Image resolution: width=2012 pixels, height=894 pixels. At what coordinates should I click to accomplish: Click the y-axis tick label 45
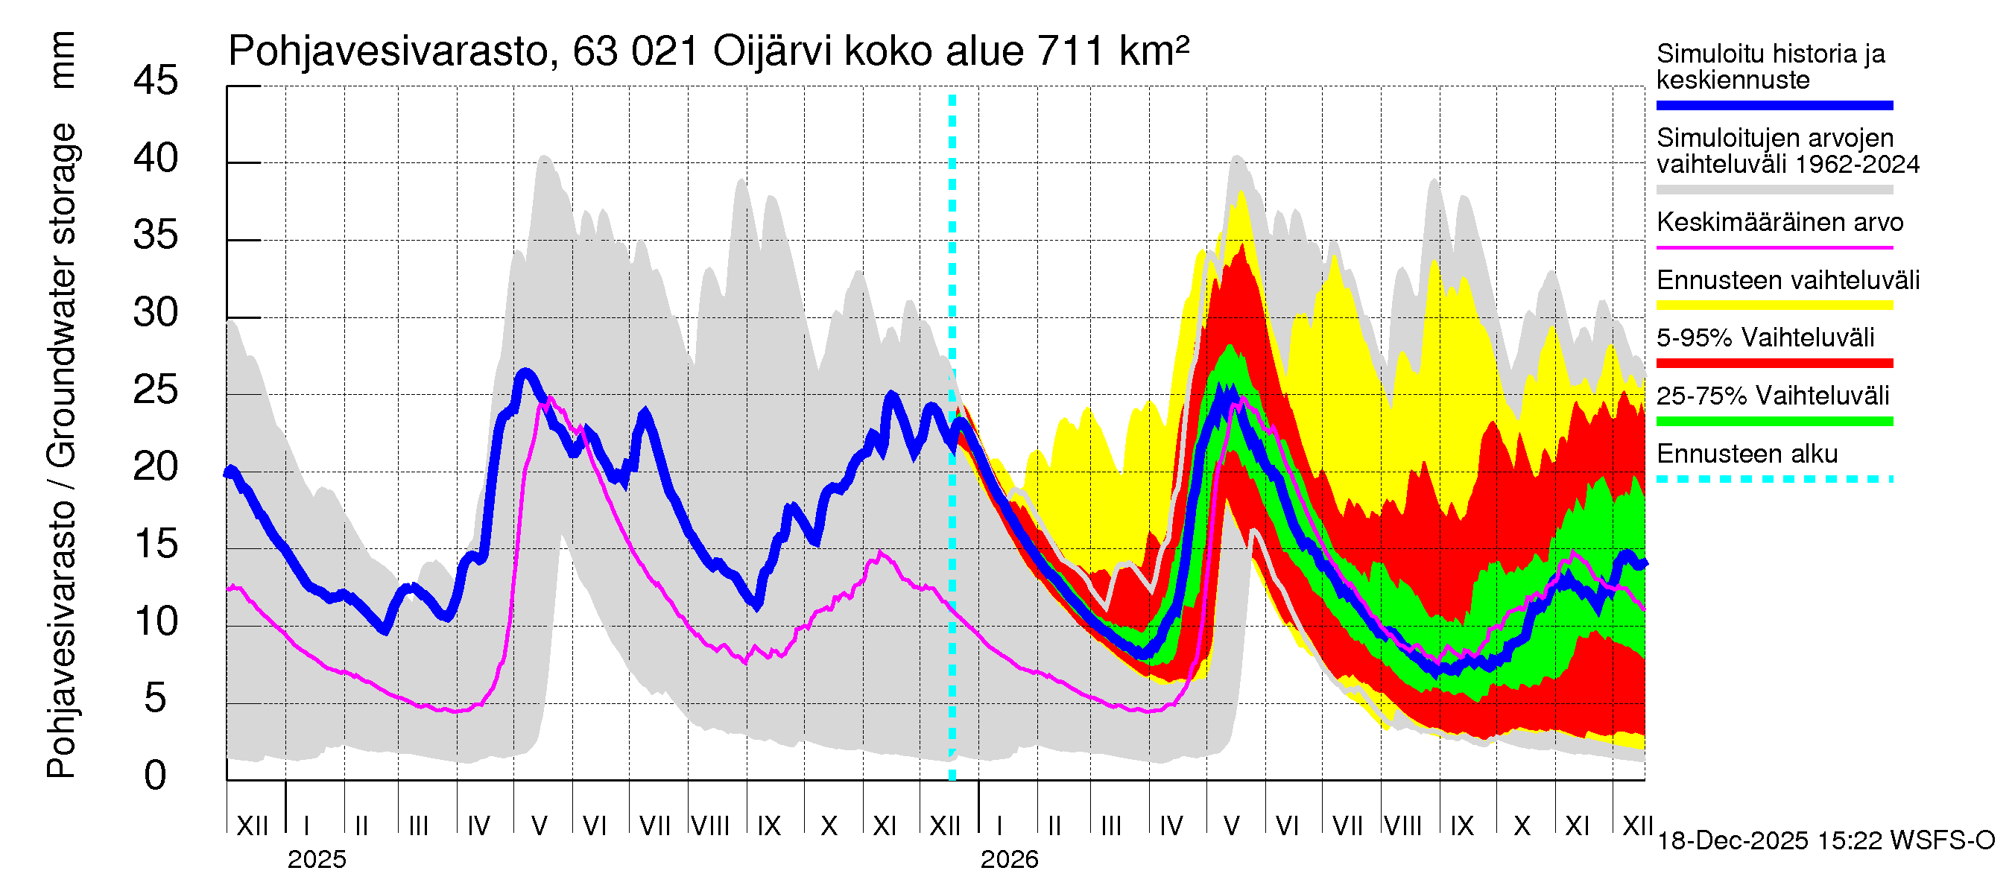tap(156, 81)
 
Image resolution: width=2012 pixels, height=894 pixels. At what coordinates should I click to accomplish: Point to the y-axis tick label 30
tap(156, 313)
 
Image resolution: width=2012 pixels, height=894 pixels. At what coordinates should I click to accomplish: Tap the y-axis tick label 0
tap(156, 776)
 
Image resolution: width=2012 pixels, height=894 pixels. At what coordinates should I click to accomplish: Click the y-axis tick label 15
tap(156, 544)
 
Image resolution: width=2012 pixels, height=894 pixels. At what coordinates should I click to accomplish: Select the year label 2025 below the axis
tap(316, 860)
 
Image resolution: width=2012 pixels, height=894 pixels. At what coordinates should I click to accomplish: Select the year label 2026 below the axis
tap(1009, 860)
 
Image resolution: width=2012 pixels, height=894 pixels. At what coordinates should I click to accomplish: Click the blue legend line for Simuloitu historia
tap(1774, 105)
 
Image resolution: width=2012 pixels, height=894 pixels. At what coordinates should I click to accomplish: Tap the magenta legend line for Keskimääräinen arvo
tap(1774, 247)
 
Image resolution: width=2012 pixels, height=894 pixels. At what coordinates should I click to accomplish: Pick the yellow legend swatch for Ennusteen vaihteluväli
tap(1774, 305)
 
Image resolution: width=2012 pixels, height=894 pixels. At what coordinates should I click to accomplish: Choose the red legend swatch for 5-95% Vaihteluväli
tap(1774, 363)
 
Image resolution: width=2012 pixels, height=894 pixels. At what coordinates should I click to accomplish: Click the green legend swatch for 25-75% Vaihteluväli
tap(1774, 422)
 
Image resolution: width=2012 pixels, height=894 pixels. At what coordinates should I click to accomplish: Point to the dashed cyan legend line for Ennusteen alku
tap(1774, 478)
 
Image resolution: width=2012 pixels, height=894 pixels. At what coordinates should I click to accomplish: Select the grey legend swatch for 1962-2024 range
tap(1774, 190)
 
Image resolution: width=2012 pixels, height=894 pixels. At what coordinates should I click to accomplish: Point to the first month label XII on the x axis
tap(252, 825)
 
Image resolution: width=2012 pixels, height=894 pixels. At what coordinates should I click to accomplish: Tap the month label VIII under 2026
tap(1402, 825)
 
